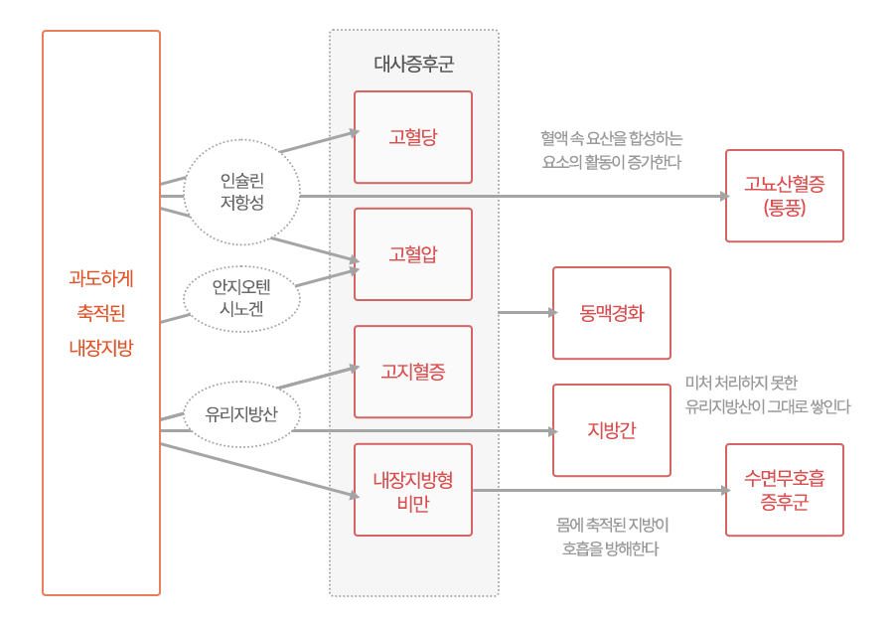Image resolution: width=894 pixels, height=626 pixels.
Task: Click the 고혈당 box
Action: click(x=412, y=137)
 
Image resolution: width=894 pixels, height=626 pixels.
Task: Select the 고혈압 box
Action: click(x=412, y=254)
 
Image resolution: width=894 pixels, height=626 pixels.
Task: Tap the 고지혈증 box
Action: click(x=412, y=372)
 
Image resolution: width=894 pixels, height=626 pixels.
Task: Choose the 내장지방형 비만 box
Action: click(x=412, y=490)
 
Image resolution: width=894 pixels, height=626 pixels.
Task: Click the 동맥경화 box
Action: click(x=611, y=313)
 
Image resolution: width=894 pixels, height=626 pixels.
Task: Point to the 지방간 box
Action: click(x=611, y=430)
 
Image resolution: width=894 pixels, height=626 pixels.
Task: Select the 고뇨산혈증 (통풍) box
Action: click(x=784, y=196)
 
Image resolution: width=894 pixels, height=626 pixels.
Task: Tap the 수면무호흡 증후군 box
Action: click(x=784, y=490)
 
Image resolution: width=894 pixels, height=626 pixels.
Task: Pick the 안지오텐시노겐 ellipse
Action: click(x=241, y=298)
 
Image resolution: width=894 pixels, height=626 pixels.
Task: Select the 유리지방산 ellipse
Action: click(x=241, y=414)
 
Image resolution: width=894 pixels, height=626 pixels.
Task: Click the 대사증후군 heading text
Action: click(x=413, y=65)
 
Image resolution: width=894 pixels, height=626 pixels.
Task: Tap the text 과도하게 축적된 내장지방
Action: click(x=100, y=313)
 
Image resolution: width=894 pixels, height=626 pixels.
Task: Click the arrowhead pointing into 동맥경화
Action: click(x=552, y=313)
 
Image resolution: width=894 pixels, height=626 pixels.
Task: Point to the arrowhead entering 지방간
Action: click(x=552, y=431)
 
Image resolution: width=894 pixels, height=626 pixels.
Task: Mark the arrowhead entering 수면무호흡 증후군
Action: click(x=724, y=490)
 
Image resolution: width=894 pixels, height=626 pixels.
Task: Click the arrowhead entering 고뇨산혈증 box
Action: click(x=724, y=196)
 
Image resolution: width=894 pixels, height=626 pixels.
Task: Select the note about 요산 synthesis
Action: click(x=611, y=149)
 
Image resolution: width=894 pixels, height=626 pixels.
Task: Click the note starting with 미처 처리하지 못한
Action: click(x=767, y=394)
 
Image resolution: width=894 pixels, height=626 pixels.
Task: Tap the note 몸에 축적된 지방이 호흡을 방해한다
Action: click(x=611, y=537)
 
